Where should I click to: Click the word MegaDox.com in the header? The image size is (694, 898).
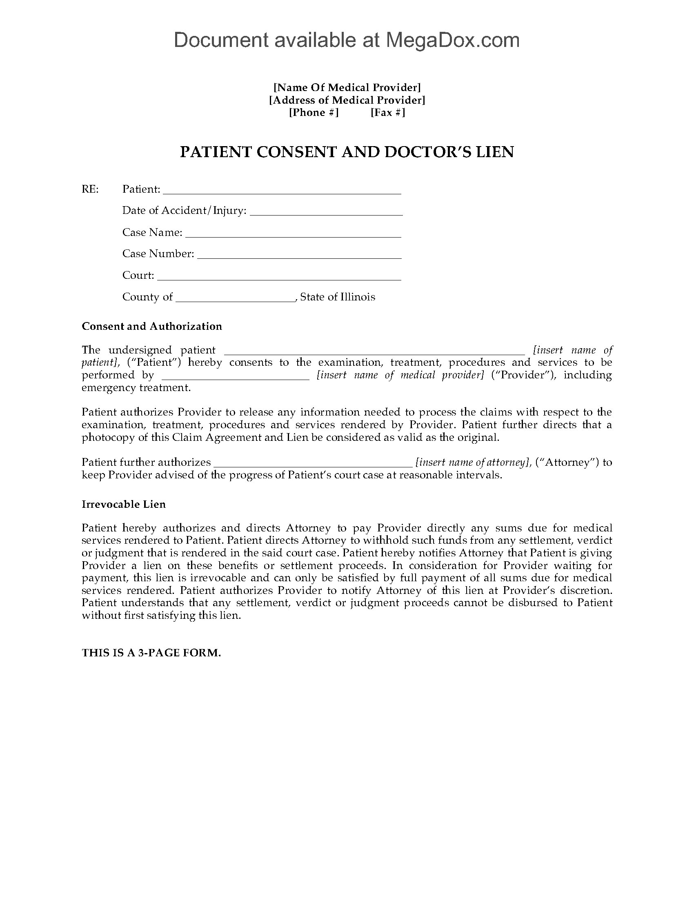coord(452,40)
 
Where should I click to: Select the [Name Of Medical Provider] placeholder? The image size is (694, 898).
coord(347,87)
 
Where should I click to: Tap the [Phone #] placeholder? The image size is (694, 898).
coord(314,112)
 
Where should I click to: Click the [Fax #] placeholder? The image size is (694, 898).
coord(388,112)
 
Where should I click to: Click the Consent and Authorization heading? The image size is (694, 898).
coord(152,326)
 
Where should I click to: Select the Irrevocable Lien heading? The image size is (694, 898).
coord(124,504)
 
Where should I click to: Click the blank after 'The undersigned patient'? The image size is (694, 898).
coord(374,352)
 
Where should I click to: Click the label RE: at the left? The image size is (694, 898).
coord(90,189)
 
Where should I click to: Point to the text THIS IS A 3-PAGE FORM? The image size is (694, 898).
coord(151,653)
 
